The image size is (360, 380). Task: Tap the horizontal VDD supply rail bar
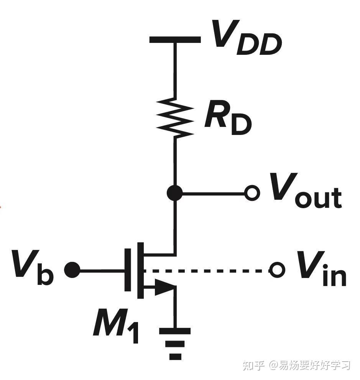175,39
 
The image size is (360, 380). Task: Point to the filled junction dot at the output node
175,194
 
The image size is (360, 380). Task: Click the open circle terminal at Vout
252,194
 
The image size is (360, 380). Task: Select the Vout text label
305,192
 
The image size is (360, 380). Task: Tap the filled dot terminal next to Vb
72,270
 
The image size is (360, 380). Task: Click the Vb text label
33,266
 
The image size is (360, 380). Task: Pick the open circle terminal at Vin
276,270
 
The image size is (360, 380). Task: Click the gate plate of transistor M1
128,270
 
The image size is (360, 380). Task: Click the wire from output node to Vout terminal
213,194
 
